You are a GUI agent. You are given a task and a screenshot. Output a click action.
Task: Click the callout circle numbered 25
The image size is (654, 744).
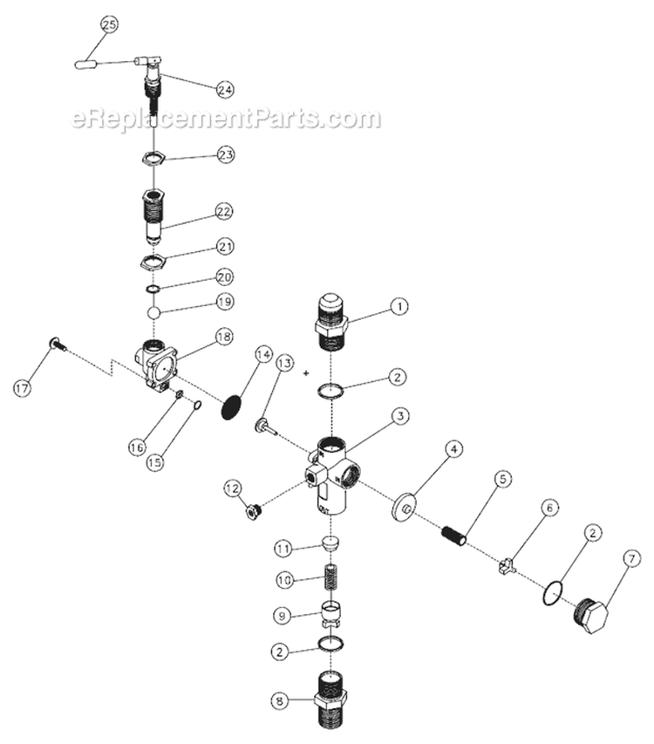click(x=108, y=25)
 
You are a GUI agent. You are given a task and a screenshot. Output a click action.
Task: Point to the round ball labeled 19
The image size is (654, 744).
click(x=153, y=311)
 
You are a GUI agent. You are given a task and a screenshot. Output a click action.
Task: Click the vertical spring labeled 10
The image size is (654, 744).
click(x=330, y=579)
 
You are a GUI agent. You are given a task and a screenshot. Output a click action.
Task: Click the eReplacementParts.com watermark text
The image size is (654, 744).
click(x=227, y=119)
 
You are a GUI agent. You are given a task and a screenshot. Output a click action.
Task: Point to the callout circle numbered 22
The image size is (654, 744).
click(x=225, y=212)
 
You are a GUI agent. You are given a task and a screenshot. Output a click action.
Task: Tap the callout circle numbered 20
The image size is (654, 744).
click(x=225, y=276)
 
